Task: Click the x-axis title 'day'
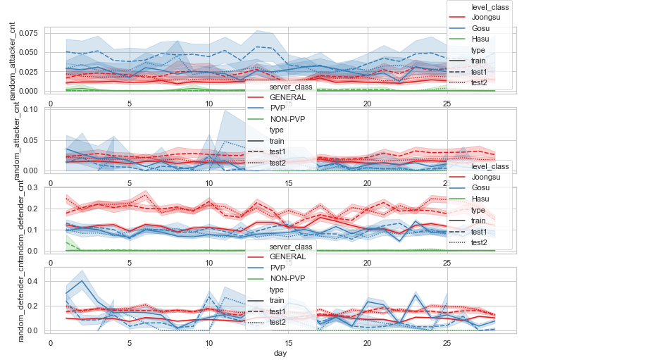280,353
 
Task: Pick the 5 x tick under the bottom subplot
130,343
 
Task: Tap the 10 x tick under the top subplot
209,104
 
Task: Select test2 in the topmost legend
480,82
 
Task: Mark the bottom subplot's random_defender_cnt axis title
20,299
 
